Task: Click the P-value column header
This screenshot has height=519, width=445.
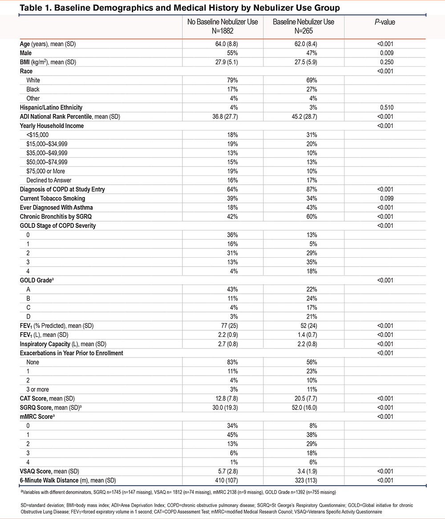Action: (x=385, y=22)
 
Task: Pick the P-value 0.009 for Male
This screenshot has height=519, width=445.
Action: (x=385, y=53)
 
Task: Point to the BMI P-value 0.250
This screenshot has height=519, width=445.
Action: (x=385, y=62)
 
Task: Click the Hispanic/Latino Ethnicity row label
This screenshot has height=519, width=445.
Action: (x=51, y=107)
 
